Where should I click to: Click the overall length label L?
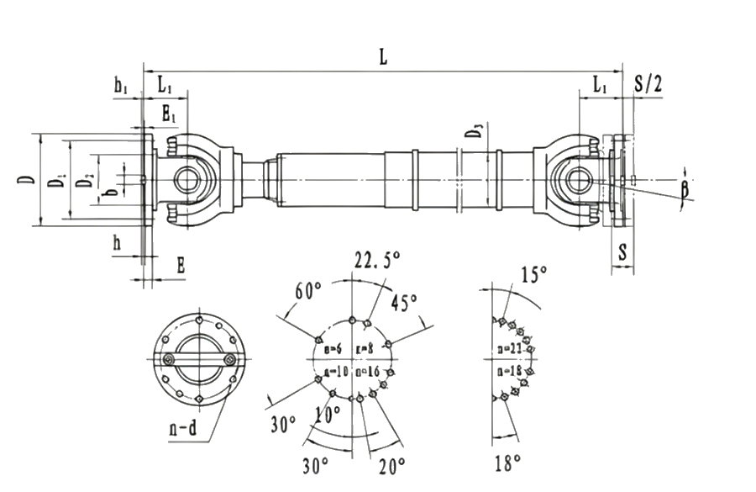click(383, 57)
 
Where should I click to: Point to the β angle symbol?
click(685, 189)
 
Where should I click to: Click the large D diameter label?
click(27, 179)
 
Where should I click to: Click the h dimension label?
click(118, 243)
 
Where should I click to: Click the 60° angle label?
click(309, 291)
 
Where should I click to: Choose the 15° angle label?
click(534, 274)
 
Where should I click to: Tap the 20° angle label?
click(392, 463)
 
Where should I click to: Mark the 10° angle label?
click(328, 414)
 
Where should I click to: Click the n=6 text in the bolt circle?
click(332, 348)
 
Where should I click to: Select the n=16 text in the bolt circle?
click(368, 371)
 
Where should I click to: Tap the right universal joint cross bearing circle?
click(578, 179)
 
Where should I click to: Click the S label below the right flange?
click(622, 251)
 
